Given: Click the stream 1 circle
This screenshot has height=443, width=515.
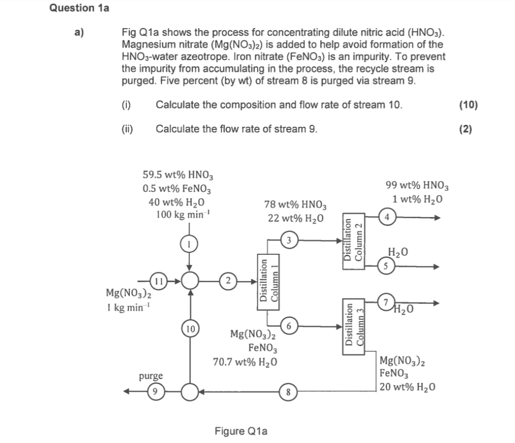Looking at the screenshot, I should tap(189, 244).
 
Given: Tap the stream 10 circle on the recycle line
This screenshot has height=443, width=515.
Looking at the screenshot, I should tap(190, 330).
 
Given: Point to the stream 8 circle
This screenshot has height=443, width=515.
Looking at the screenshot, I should tap(288, 391).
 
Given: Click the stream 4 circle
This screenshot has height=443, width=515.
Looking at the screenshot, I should tap(386, 217).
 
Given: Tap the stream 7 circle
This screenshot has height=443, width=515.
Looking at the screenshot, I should tap(385, 303).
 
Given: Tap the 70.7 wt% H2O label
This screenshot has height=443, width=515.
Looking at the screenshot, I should tap(245, 361).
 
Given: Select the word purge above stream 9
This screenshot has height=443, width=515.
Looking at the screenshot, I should tap(151, 376).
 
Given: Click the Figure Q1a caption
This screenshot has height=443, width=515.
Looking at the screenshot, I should tap(241, 431).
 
